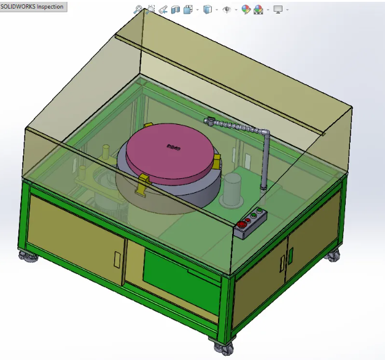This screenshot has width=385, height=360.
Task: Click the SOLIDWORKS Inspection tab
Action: pos(33,6)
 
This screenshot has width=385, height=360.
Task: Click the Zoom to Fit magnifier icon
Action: pos(138,10)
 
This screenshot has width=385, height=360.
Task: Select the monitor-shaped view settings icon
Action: pos(278,10)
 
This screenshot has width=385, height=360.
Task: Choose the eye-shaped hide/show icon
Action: pos(227,10)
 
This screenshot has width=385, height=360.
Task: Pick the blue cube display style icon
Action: pos(208,10)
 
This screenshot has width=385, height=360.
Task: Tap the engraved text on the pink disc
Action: pos(173,146)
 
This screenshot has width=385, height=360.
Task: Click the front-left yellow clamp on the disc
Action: pos(142,181)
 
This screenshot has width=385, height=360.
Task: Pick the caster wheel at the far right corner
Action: pos(333,256)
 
